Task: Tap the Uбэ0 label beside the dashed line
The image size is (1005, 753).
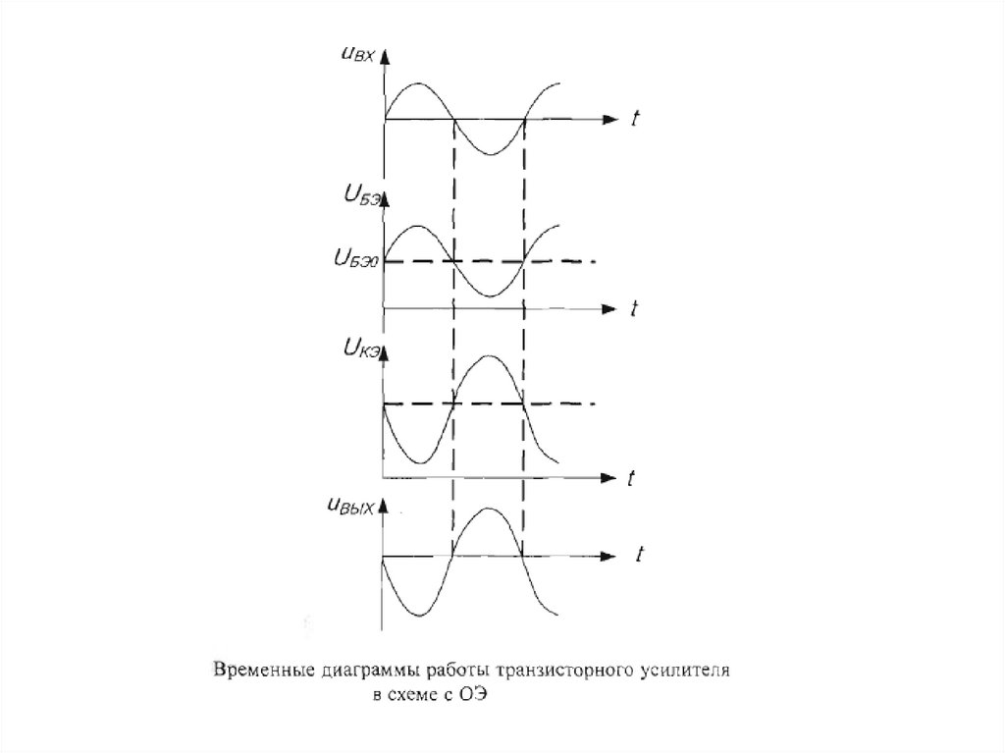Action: point(355,261)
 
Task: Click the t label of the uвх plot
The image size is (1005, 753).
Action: point(636,119)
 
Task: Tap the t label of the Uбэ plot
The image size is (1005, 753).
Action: point(635,308)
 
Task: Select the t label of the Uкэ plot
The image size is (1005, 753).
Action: point(633,478)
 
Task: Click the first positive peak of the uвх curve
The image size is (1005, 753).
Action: point(418,84)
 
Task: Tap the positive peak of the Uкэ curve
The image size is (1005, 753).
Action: point(489,356)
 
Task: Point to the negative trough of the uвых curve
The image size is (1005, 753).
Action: point(418,616)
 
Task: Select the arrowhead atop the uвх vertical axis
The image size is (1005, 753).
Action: point(384,56)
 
